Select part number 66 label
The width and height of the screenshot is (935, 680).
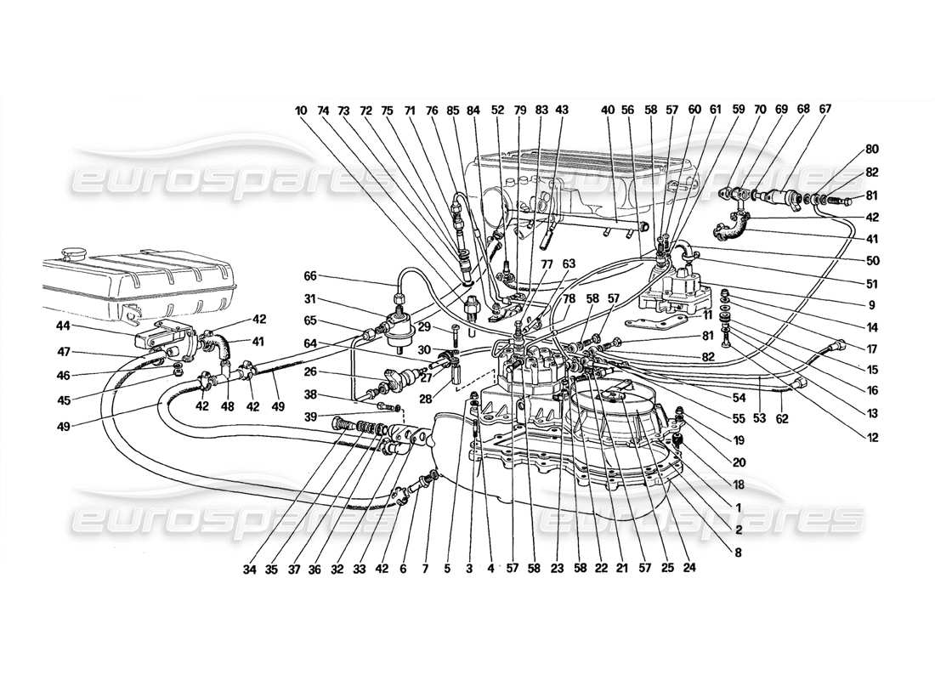pyautogui.click(x=311, y=276)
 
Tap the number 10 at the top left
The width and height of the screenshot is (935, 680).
pyautogui.click(x=301, y=110)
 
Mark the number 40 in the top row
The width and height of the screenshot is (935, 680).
pyautogui.click(x=607, y=110)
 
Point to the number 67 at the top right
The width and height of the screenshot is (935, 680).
pyautogui.click(x=825, y=110)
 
